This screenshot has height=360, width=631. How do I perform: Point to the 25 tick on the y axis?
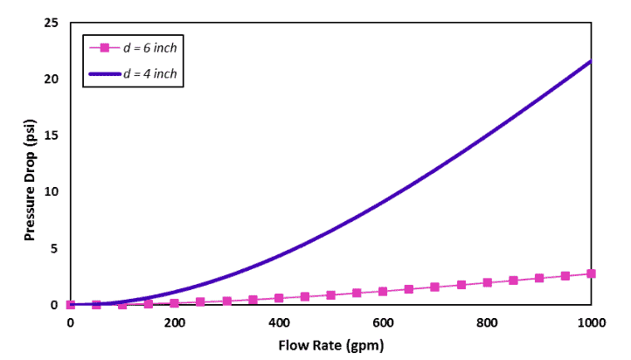point(52,22)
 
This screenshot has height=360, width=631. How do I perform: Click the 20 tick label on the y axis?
point(52,79)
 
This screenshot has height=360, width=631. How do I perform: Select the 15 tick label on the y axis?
point(52,135)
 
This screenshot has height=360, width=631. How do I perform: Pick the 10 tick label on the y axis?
point(52,192)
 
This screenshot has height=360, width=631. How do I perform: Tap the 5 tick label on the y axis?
point(55,249)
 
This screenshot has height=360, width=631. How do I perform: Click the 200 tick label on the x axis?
point(175,322)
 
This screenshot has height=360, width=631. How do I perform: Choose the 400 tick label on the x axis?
point(279,322)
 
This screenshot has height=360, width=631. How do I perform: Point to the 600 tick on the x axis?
point(383,322)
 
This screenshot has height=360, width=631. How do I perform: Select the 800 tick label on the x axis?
point(487,322)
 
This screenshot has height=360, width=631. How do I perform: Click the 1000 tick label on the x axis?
point(591,322)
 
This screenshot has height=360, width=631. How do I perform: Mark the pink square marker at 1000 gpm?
point(592,273)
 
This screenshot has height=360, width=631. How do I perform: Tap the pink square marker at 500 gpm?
point(331,295)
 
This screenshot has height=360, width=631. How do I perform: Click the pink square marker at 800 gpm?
point(488,282)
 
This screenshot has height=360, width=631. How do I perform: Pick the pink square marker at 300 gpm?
point(226,301)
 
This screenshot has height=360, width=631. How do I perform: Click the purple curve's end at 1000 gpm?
point(592,61)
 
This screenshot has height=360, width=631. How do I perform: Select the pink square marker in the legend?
point(104,47)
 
